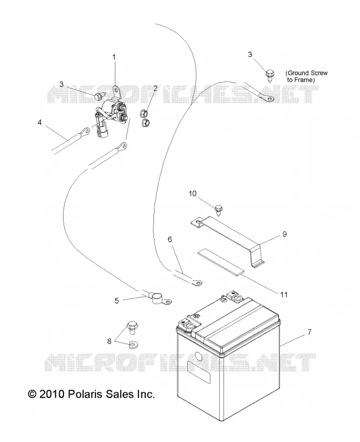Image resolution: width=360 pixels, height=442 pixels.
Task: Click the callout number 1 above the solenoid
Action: (x=114, y=57)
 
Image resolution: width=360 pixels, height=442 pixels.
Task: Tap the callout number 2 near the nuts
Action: (x=155, y=88)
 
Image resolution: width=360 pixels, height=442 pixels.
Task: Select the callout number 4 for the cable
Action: (x=40, y=123)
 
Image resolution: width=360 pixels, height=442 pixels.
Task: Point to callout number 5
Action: (x=117, y=301)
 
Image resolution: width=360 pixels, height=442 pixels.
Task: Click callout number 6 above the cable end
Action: (x=170, y=239)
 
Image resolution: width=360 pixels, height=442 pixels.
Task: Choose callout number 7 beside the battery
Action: (x=309, y=332)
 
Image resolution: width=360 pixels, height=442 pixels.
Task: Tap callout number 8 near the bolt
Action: (x=109, y=341)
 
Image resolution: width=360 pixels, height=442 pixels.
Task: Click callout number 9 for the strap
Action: (x=284, y=234)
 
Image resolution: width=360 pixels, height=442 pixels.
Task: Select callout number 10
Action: (x=193, y=194)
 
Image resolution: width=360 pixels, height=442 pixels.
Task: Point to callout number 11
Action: (x=284, y=294)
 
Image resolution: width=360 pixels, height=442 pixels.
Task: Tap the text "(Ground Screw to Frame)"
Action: (x=307, y=76)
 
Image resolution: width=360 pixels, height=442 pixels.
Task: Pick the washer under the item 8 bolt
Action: (x=132, y=344)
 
